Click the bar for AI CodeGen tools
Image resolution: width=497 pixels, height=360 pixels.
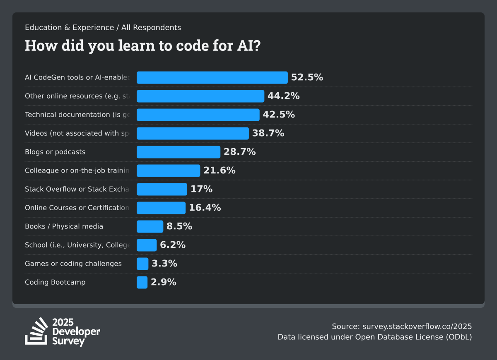coord(212,77)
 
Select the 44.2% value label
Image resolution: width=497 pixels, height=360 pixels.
coord(283,96)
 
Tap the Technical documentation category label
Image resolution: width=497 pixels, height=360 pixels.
coord(77,115)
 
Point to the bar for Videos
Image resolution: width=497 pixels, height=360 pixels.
coord(193,133)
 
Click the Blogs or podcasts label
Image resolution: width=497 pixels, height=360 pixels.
coord(55,152)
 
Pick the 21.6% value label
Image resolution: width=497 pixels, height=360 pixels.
coord(220,170)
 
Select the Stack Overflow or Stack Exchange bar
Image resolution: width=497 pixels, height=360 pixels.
coord(162,189)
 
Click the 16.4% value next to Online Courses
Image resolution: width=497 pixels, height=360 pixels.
coord(205,208)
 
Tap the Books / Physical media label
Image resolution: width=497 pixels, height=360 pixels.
coord(64,226)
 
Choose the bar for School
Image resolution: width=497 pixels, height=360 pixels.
coord(147,245)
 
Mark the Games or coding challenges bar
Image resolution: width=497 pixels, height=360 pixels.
coord(142,264)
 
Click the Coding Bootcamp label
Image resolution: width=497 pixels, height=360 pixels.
coord(55,282)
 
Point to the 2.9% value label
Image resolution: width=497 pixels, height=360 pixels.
coord(164,282)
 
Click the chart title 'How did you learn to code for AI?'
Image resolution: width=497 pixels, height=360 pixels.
coord(143,46)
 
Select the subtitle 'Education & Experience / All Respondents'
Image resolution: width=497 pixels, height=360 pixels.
coord(103,28)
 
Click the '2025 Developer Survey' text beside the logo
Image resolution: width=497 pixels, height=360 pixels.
coord(76,332)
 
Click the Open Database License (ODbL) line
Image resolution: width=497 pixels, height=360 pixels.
coord(375,337)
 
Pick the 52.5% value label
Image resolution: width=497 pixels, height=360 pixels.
coord(307,77)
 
